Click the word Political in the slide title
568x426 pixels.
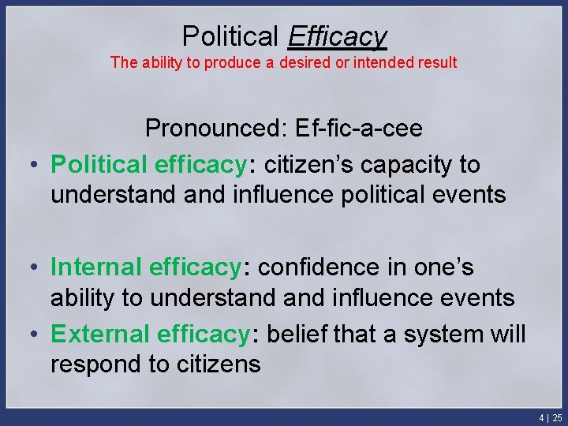tap(230, 35)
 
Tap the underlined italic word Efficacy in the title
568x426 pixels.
tap(337, 36)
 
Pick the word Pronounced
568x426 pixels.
tap(218, 128)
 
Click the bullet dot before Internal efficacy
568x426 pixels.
tap(35, 268)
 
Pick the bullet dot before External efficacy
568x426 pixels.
tap(35, 335)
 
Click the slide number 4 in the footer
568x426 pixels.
tap(541, 417)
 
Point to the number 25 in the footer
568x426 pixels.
tap(557, 417)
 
